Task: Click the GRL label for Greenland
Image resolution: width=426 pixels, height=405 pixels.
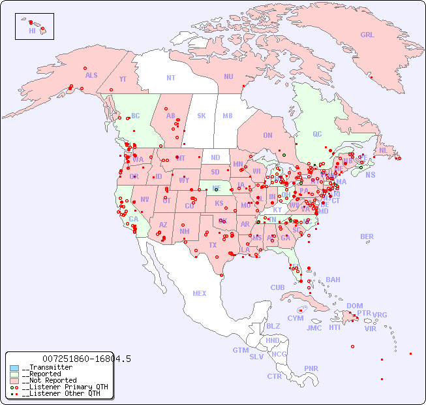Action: (367, 35)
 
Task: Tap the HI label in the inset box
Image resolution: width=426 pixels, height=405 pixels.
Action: (32, 31)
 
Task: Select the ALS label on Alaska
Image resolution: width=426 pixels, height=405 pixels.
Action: (91, 76)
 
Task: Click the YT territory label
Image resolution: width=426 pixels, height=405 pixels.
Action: (123, 79)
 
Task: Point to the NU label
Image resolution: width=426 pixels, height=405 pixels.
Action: (228, 76)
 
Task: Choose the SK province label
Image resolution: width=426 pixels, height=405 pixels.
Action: (202, 116)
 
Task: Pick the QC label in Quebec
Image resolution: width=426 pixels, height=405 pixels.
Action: (317, 134)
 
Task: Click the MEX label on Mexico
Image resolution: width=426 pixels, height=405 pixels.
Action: (200, 293)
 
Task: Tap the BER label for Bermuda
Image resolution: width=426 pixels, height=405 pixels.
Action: (367, 236)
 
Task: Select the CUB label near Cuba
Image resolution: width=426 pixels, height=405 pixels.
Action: (277, 287)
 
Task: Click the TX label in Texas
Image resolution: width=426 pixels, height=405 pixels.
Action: (213, 245)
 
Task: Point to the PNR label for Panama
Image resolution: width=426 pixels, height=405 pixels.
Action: (311, 368)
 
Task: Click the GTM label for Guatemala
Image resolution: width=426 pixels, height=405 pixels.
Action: (240, 350)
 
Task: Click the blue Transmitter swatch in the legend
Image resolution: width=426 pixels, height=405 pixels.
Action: (14, 368)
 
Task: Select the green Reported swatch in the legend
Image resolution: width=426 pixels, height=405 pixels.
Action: (14, 374)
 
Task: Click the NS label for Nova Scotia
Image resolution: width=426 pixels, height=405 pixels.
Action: (370, 175)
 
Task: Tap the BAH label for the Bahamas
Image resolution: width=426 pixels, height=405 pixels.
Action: (333, 280)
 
